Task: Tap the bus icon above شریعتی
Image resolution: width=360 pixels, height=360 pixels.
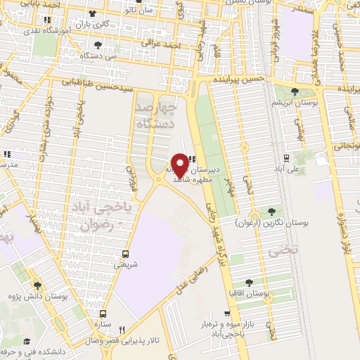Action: click(126, 254)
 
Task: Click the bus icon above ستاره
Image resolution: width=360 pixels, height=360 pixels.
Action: click(104, 314)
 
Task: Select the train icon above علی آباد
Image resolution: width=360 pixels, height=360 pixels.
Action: click(286, 157)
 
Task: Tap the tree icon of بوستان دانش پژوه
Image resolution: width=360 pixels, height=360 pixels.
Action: click(37, 285)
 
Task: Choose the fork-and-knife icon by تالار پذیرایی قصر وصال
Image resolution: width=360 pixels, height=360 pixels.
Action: click(122, 329)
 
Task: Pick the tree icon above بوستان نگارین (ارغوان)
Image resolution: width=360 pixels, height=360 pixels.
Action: click(271, 212)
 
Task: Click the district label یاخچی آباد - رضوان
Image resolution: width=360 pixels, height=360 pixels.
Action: click(98, 217)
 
